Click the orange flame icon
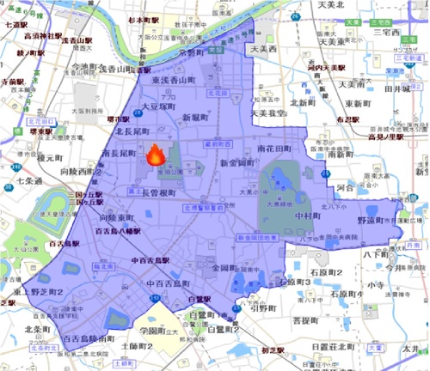(156, 154)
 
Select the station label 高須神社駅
(43, 36)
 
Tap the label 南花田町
(277, 148)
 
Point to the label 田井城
(402, 88)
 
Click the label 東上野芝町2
(57, 291)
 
